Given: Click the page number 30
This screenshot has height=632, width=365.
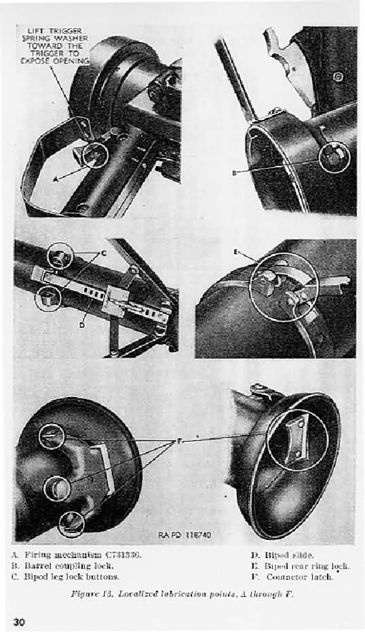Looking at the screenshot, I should coord(18,621).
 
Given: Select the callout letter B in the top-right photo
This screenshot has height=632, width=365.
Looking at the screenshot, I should coord(234,173).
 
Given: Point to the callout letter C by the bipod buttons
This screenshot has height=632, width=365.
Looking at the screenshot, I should coord(104,253).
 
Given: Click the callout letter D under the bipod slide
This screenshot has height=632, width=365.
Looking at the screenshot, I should coord(81,325).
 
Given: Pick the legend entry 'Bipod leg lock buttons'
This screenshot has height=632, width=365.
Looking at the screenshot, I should coord(76,576).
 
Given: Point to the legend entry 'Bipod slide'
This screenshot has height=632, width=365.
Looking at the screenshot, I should coord(280,555).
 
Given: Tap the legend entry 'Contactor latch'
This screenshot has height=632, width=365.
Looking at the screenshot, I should coord(290,576).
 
